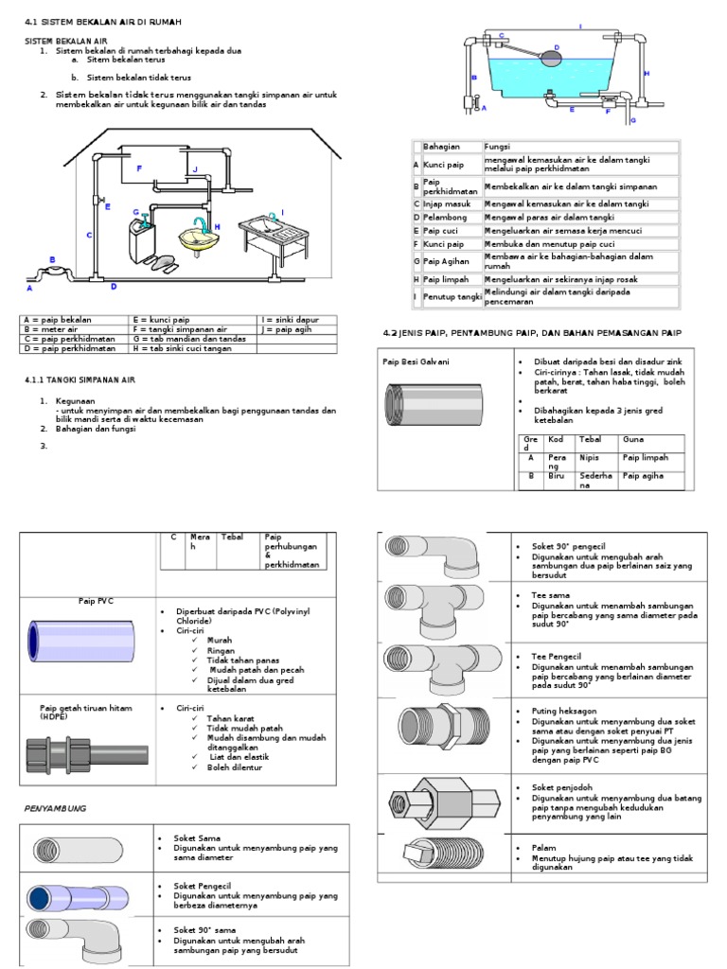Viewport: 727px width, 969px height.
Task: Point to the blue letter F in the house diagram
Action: coord(139,167)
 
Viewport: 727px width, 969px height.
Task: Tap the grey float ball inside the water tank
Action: coord(550,58)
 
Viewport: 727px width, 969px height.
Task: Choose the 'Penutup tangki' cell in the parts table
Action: coord(451,297)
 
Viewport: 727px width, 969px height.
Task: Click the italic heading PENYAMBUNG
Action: coord(55,808)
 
